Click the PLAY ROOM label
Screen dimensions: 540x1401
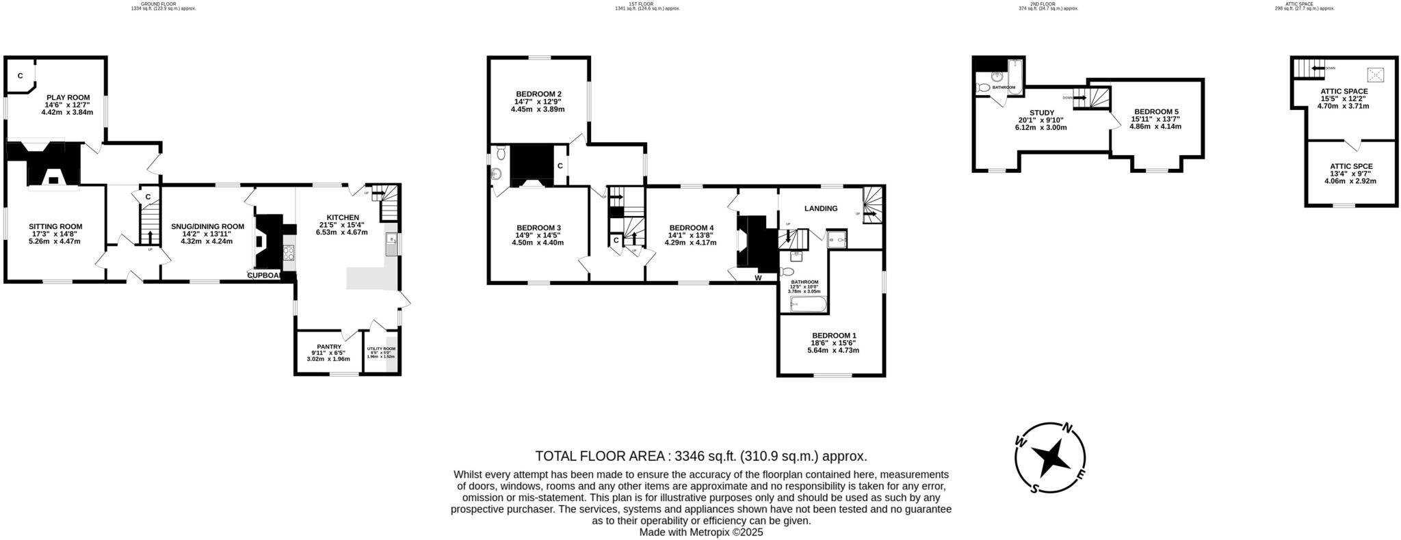tap(68, 98)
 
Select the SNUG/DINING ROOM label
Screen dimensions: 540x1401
tap(207, 226)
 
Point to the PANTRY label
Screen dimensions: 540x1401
tap(328, 347)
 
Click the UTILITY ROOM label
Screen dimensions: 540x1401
tap(381, 349)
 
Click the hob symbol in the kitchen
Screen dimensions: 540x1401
tap(288, 253)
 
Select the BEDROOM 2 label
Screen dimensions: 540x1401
tap(538, 94)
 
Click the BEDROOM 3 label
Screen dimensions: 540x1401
tap(538, 228)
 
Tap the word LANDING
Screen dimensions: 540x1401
tap(821, 208)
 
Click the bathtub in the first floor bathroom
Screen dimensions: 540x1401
tap(809, 303)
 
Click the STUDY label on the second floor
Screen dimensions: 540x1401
tap(1041, 113)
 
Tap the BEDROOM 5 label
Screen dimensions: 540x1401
tap(1155, 111)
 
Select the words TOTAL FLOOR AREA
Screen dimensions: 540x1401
tap(602, 456)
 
